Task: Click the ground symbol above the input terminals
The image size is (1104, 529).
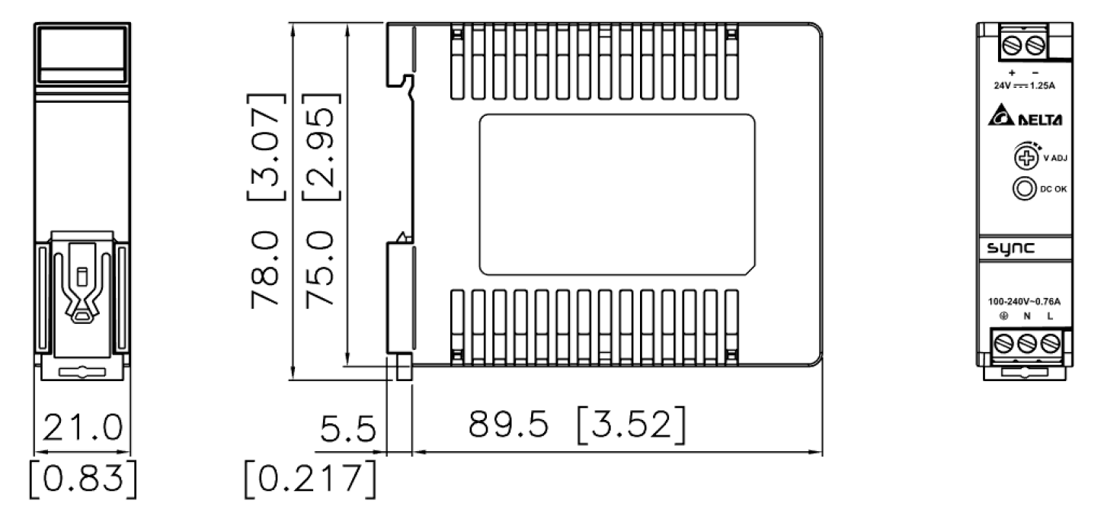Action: coord(1003,316)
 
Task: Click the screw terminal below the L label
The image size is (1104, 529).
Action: coord(1051,342)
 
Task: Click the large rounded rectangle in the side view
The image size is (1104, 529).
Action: coord(617,195)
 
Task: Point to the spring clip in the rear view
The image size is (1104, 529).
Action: coord(82,290)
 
